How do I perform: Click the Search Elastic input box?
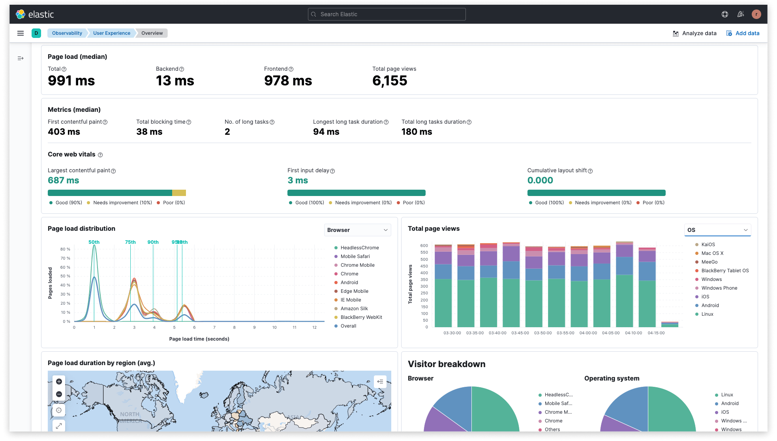pos(387,14)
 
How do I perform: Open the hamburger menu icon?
pos(21,33)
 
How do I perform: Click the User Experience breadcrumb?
pos(111,33)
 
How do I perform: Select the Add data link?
pos(743,33)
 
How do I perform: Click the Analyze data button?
pos(694,33)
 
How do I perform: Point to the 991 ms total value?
pos(71,81)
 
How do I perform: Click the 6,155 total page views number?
pos(389,81)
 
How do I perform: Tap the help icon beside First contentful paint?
pos(105,122)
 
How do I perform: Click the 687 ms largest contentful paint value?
pos(63,180)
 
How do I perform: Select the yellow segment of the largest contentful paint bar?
pos(179,193)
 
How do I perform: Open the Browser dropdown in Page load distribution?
pos(357,230)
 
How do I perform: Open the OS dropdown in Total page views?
pos(717,230)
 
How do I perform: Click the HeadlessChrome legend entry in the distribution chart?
pos(359,248)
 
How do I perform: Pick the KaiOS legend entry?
pos(708,245)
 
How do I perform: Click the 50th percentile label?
pos(94,242)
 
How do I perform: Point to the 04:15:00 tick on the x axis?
pos(656,333)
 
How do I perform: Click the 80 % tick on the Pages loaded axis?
pos(65,249)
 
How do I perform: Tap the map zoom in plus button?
pos(59,381)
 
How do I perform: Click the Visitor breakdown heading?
pos(446,364)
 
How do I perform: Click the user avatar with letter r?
pos(756,14)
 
